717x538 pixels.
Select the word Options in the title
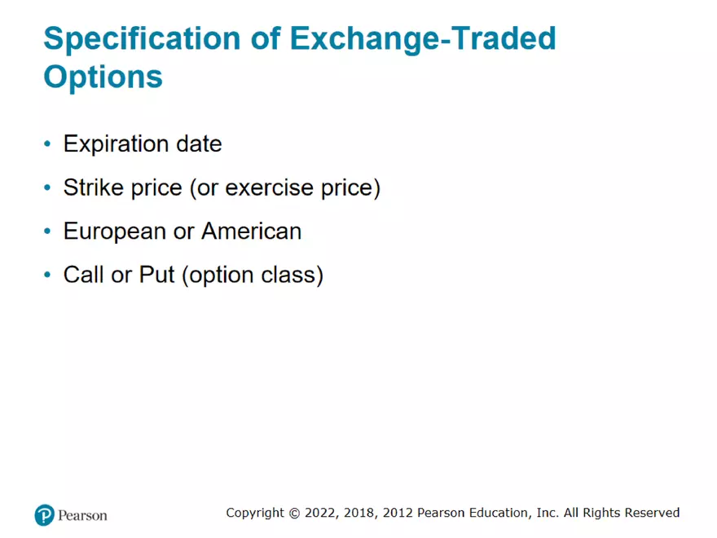103,77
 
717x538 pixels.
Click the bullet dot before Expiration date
47,144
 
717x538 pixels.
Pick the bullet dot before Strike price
47,188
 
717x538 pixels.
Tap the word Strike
94,187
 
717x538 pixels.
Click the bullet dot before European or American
47,232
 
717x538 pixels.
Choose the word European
115,232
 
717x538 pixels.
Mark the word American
251,231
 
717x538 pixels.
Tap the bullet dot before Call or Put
47,276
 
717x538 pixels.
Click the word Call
84,275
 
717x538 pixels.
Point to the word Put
157,275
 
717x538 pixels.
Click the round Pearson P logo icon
44,514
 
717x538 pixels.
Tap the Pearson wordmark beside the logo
82,515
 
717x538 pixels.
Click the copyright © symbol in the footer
293,513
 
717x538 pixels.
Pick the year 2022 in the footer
318,513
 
